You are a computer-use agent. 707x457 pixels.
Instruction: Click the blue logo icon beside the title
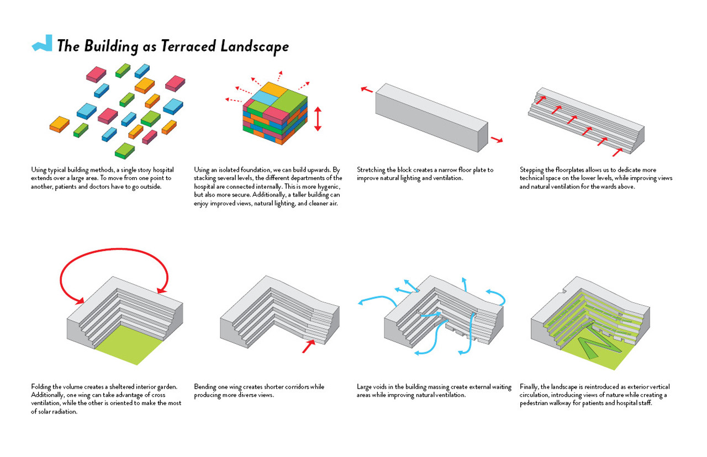tap(42, 44)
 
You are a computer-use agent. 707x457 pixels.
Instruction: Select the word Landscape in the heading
tap(254, 47)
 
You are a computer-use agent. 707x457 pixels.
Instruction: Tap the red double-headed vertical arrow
tap(317, 119)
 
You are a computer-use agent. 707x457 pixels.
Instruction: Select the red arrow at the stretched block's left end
tap(366, 89)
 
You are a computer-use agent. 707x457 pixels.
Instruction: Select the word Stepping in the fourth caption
tap(532, 170)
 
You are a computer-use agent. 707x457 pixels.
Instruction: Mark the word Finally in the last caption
tap(530, 387)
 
